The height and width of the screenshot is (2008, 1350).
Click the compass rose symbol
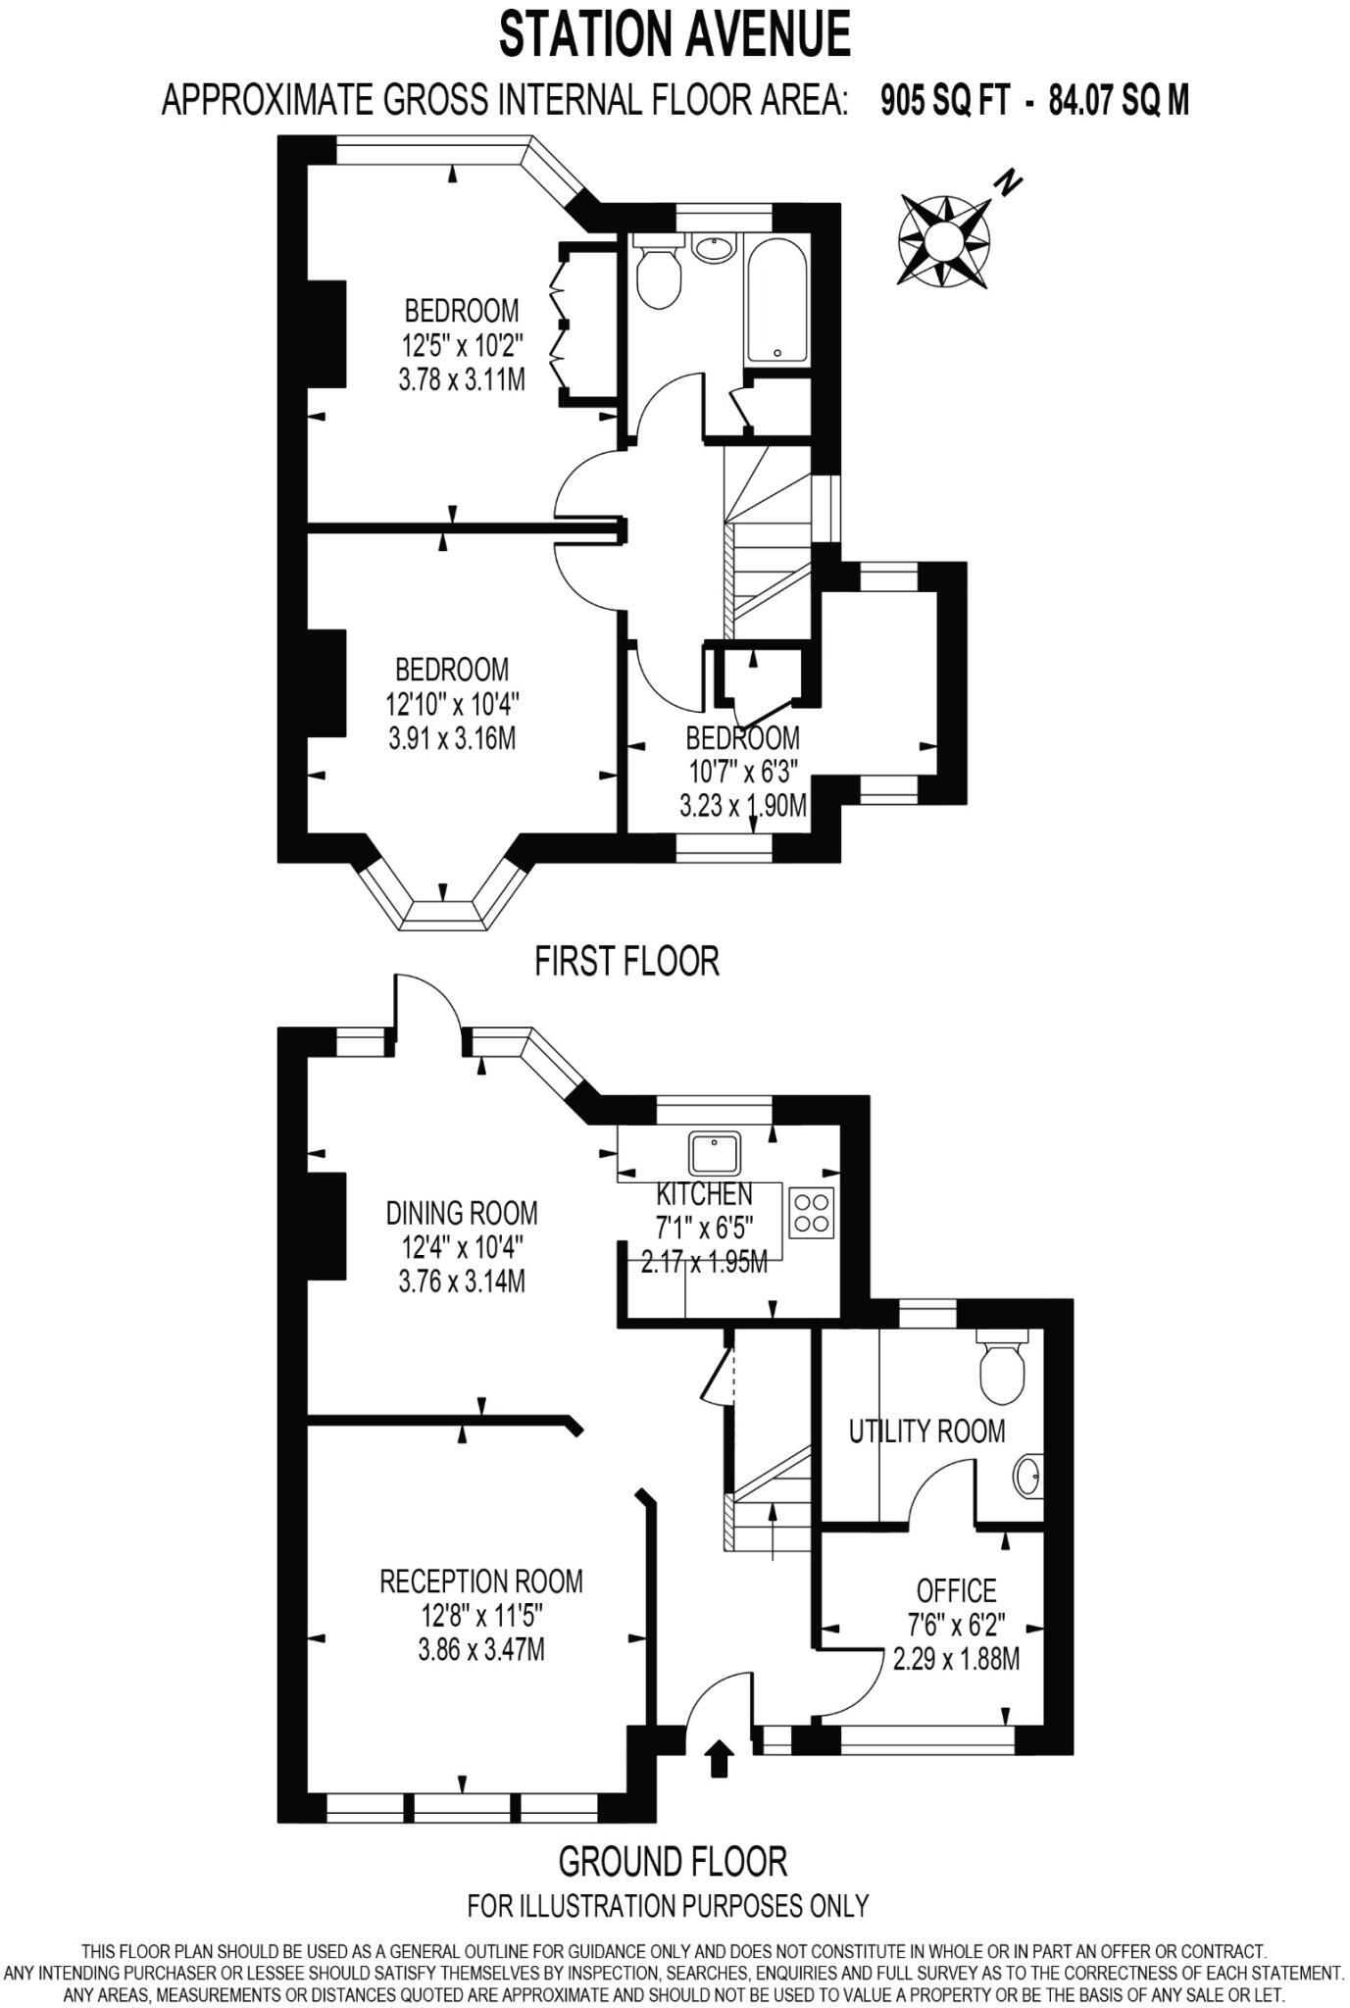click(944, 240)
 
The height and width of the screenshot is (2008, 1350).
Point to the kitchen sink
click(715, 1153)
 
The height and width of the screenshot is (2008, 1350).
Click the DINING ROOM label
click(462, 1213)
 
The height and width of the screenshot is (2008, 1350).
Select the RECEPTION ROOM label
click(480, 1581)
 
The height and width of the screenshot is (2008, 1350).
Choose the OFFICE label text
click(956, 1589)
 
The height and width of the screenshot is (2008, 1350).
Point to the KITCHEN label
click(704, 1194)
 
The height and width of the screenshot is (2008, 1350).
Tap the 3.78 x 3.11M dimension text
click(462, 379)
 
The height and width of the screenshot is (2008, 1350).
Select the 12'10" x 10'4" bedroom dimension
click(452, 704)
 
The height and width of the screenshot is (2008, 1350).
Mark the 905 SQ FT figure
click(944, 100)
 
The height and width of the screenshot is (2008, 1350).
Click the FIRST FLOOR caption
click(626, 961)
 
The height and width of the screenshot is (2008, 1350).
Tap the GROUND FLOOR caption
click(673, 1860)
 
